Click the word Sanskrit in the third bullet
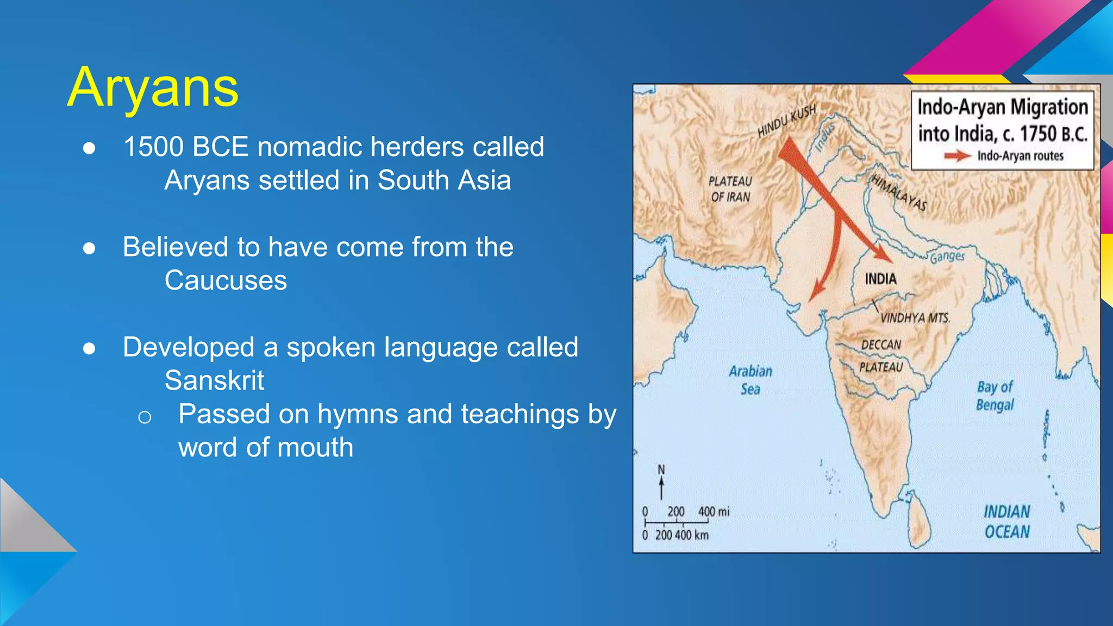tap(214, 380)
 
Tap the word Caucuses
tap(226, 280)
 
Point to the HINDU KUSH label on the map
tap(786, 121)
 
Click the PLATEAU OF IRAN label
tap(730, 189)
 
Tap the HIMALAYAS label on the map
tap(899, 192)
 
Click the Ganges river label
tap(947, 256)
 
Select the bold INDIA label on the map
tap(880, 279)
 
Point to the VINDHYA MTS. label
tap(915, 318)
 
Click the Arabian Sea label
tap(751, 380)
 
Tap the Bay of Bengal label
tap(995, 396)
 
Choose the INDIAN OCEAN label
tap(1007, 522)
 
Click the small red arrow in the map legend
tap(957, 156)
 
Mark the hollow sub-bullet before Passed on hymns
tap(145, 417)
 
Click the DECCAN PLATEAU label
tap(881, 356)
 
